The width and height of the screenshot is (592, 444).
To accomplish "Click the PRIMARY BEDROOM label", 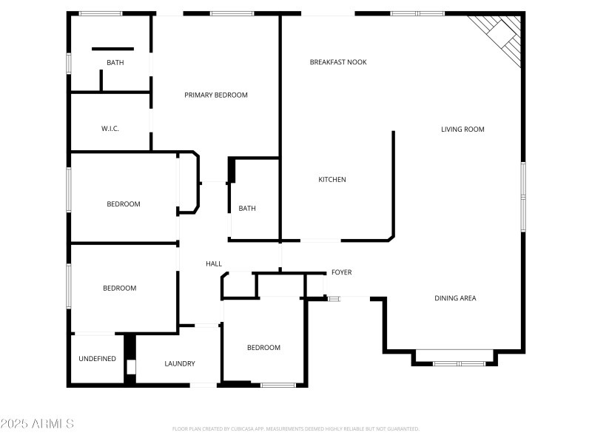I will click(215, 95).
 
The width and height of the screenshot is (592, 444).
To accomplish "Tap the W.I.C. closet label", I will click(110, 129).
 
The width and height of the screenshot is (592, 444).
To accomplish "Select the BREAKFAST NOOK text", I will click(337, 62).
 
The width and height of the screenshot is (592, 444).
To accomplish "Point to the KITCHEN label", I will click(332, 180).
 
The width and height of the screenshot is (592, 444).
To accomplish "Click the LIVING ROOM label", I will click(462, 129).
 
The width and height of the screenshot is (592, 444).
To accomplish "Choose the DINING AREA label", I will click(454, 298).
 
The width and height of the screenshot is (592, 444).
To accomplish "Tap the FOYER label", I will click(341, 272).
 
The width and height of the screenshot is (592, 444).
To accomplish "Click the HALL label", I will click(213, 264).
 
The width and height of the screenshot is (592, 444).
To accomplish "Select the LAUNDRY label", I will click(180, 363).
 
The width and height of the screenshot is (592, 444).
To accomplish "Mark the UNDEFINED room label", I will click(97, 359).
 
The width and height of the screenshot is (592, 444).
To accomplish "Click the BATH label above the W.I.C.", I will click(115, 63).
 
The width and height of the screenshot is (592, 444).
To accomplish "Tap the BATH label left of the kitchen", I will click(246, 209).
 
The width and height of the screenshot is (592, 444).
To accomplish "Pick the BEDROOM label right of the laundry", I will click(263, 348).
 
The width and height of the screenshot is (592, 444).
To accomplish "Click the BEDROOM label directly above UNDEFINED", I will click(119, 289).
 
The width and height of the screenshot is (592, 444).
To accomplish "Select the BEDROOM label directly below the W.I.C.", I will click(123, 204).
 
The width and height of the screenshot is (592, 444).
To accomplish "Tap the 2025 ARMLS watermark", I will click(37, 424).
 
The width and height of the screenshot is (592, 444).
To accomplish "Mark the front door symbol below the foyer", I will click(334, 298).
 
